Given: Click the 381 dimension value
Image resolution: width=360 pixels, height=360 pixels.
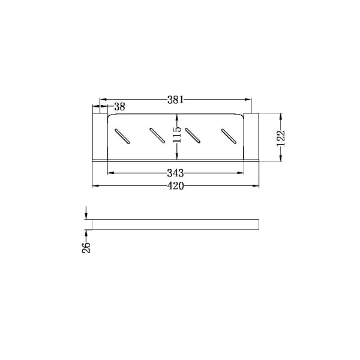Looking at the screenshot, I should (176, 100).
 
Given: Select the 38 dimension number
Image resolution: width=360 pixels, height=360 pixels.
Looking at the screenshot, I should (119, 107).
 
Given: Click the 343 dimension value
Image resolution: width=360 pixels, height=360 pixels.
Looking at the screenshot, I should (175, 173).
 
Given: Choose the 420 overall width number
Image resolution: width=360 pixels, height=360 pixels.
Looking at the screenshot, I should (175, 186).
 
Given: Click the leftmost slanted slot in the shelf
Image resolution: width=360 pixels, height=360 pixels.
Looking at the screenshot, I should (122, 136).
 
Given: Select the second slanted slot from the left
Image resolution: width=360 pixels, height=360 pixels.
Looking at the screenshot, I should (157, 136).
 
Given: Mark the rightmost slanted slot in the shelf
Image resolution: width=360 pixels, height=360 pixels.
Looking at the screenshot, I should (229, 136).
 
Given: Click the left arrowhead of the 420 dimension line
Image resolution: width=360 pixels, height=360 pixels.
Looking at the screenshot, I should (94, 186).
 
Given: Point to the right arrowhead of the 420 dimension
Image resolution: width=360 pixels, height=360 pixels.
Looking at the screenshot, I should (256, 186).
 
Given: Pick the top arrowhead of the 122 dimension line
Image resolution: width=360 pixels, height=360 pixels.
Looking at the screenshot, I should (280, 116).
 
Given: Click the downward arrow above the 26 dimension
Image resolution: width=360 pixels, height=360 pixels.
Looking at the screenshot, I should (87, 216).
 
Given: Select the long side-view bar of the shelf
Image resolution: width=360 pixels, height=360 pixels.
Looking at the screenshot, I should (175, 224).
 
